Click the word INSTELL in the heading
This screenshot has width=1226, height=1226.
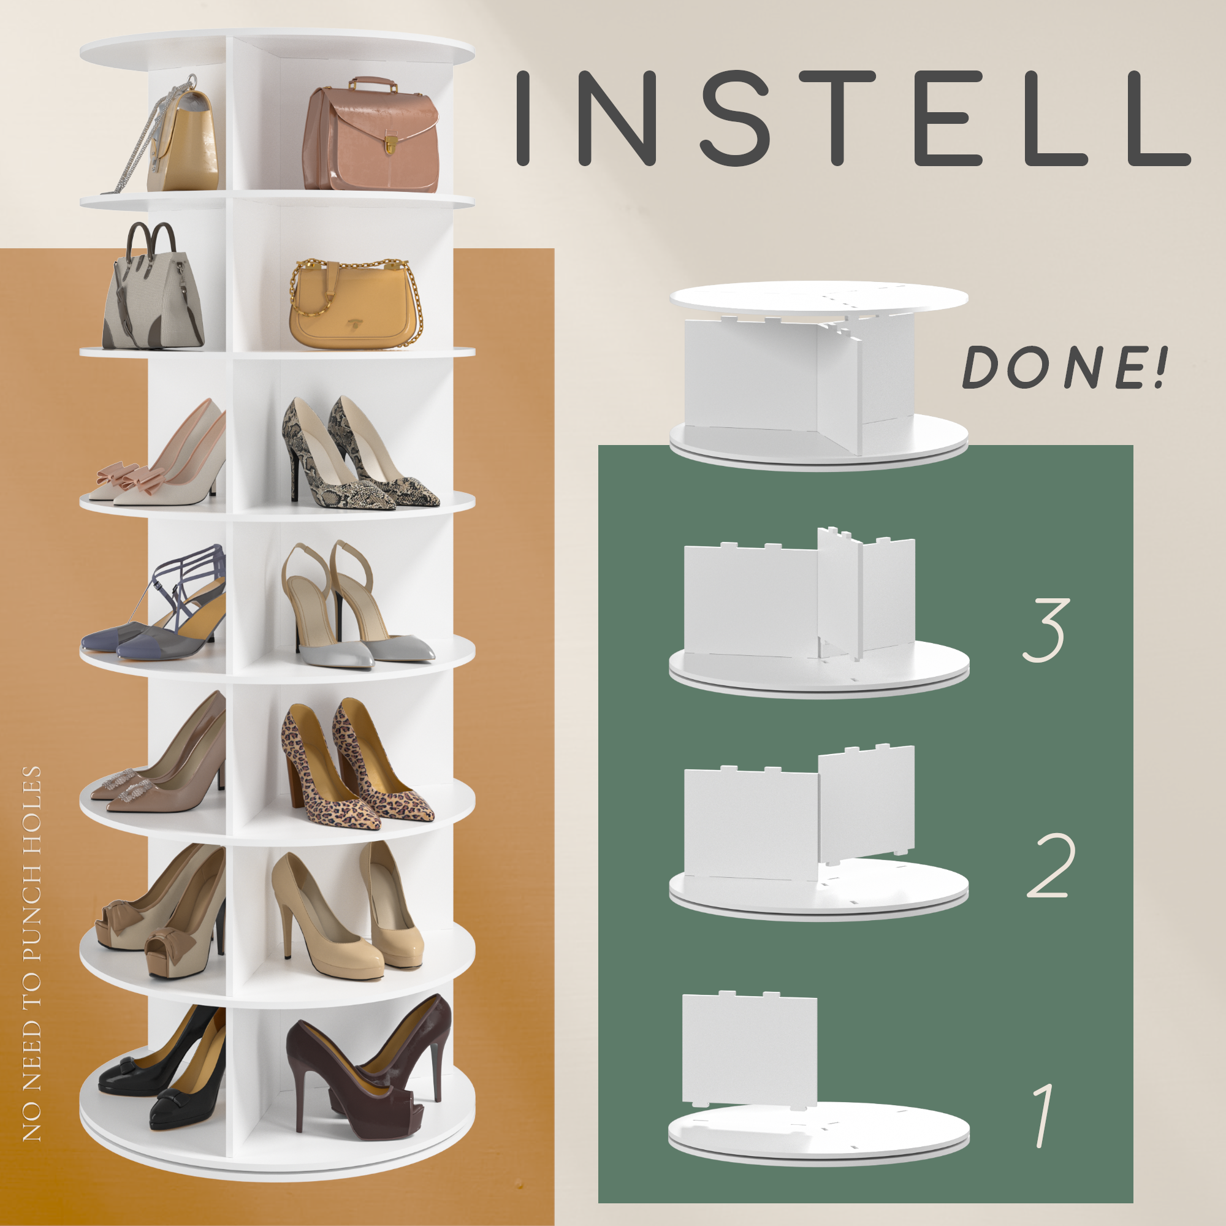(x=853, y=118)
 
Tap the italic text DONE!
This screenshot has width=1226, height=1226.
(x=1064, y=368)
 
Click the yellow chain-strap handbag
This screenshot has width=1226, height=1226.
(x=356, y=303)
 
